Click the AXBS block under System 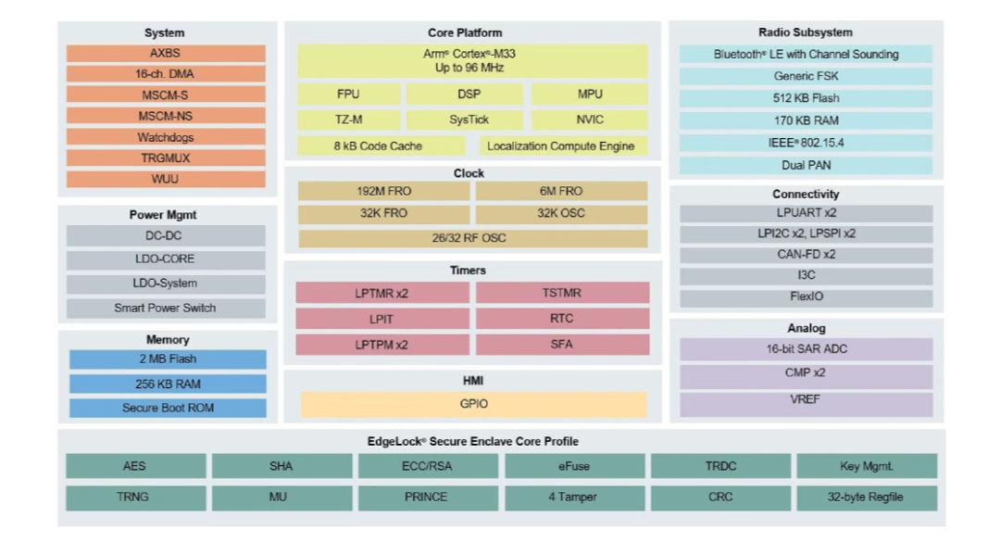coord(165,54)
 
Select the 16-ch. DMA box coord(165,74)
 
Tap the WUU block coord(165,179)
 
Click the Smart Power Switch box coord(165,308)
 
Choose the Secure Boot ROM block coord(168,408)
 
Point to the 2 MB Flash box coord(168,359)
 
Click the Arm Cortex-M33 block coord(472,61)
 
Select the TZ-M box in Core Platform coord(348,120)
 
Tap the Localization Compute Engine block coord(561,146)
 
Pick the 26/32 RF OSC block coord(472,238)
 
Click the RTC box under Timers coord(561,318)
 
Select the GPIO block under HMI coord(473,404)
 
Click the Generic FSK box coord(806,76)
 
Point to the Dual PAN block coord(806,165)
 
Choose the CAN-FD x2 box coord(806,254)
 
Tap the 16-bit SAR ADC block coord(806,349)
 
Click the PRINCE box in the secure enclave coord(426,497)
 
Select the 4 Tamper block coord(572,497)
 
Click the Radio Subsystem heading coord(806,32)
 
